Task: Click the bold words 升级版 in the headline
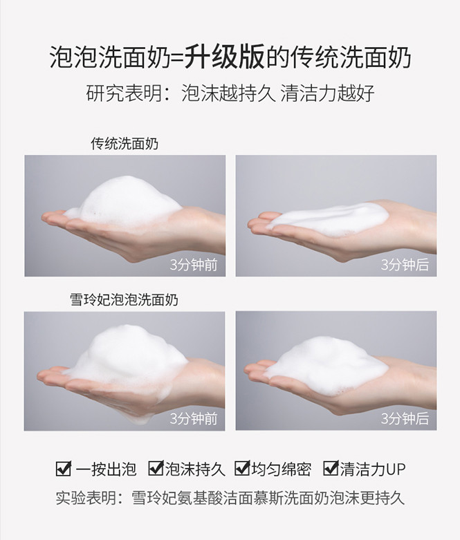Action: click(x=225, y=57)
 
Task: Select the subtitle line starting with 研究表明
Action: click(x=230, y=93)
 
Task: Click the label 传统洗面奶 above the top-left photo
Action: click(x=125, y=144)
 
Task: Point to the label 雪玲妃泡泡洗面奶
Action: click(x=124, y=299)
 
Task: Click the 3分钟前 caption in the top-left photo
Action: click(x=194, y=265)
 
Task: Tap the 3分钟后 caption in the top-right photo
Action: click(x=405, y=265)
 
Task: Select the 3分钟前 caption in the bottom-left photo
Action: click(x=194, y=418)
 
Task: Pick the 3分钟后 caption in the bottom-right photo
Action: click(x=405, y=418)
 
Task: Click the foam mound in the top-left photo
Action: click(x=126, y=201)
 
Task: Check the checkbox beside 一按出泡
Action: click(x=64, y=469)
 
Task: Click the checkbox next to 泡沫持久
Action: click(x=156, y=468)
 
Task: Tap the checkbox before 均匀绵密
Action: click(x=242, y=468)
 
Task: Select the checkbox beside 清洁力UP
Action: click(x=331, y=468)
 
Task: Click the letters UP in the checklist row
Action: click(x=396, y=469)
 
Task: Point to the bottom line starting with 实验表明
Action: click(x=230, y=498)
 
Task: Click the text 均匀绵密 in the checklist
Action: click(x=281, y=469)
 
